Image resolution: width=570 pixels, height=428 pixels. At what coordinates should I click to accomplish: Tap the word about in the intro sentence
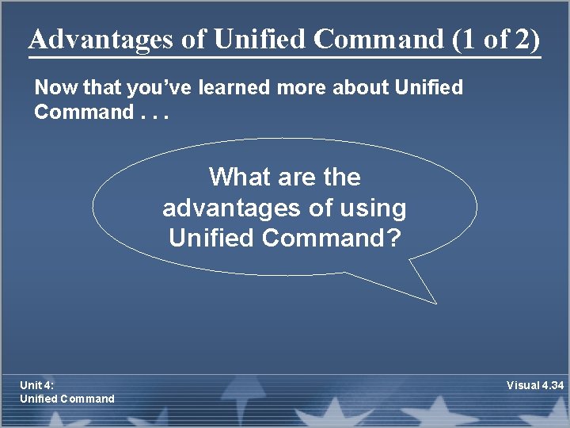[369, 88]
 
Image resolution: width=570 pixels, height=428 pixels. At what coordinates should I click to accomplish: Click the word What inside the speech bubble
[239, 177]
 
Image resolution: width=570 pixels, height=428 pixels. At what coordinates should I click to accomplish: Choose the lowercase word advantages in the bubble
[229, 208]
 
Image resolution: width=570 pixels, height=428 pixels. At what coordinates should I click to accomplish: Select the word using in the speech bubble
[372, 208]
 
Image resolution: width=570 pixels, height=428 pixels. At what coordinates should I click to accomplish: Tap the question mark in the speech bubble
[393, 237]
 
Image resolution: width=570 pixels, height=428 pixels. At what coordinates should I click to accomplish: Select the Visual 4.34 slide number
[535, 385]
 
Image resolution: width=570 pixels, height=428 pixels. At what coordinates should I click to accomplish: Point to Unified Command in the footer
[66, 399]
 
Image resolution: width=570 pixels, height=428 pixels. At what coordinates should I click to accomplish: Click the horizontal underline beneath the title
[284, 57]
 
